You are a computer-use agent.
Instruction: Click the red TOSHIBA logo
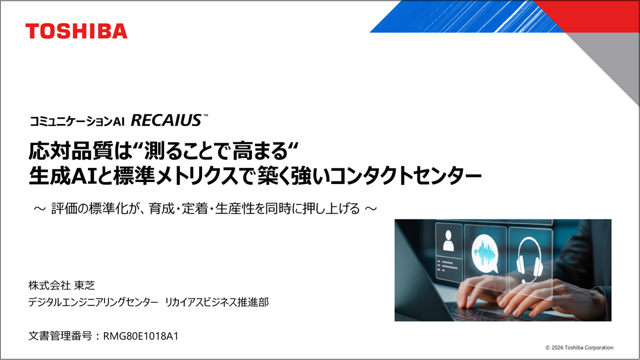coord(76,31)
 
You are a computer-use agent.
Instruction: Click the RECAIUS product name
coord(166,120)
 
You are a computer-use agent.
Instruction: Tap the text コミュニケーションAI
coord(76,121)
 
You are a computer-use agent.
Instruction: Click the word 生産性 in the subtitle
coord(233,208)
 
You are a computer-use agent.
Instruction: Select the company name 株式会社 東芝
coord(61,285)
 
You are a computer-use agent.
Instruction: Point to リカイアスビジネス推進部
coord(216,302)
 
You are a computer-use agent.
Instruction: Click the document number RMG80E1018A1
coord(140,336)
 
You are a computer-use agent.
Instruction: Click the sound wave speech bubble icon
coord(484,250)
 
